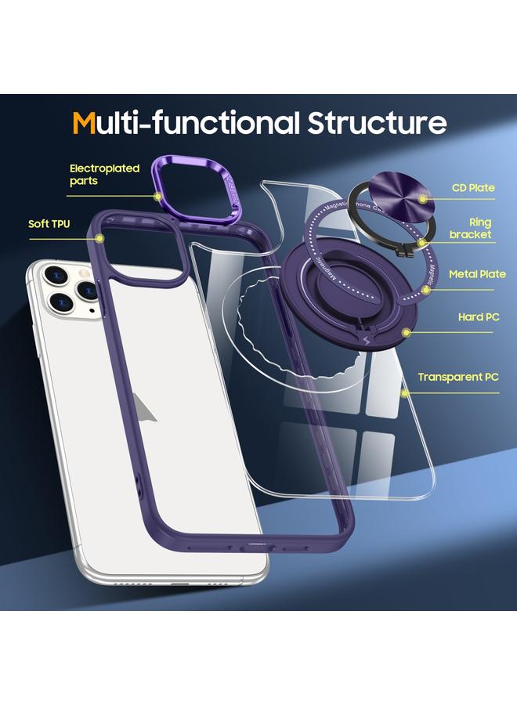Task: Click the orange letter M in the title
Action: (85, 123)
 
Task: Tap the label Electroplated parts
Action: (104, 174)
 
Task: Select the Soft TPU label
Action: (49, 224)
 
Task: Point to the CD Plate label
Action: (473, 188)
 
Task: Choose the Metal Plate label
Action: (476, 274)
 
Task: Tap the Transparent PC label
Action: (457, 377)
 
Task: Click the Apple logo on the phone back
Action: (144, 406)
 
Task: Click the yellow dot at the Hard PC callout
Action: (407, 332)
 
